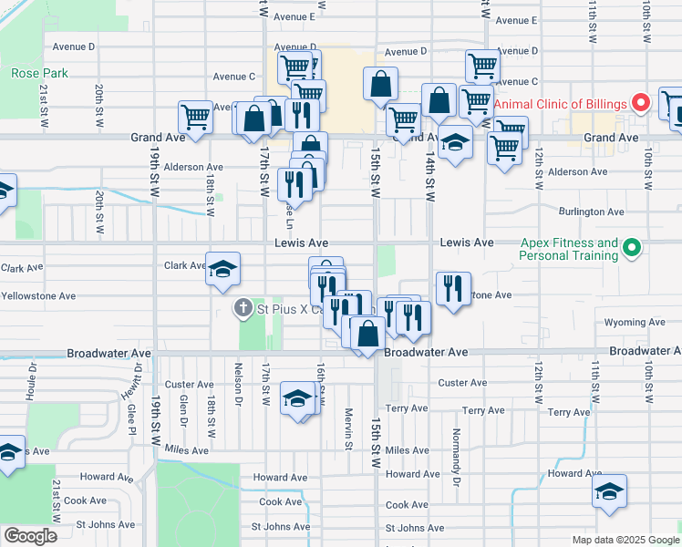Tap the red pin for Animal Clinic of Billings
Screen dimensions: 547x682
click(641, 103)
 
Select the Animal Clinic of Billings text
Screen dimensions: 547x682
click(561, 103)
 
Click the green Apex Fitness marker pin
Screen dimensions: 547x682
click(630, 247)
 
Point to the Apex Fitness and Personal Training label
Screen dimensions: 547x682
click(568, 249)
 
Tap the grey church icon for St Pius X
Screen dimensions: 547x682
click(243, 309)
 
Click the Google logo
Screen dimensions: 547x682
click(30, 536)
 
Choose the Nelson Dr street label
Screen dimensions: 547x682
click(238, 385)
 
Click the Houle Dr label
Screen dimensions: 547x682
click(32, 382)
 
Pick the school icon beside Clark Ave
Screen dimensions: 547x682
click(222, 269)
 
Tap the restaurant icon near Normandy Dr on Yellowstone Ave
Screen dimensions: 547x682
click(453, 289)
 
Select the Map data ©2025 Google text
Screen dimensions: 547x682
click(625, 540)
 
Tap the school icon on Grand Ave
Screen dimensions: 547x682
click(454, 145)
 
